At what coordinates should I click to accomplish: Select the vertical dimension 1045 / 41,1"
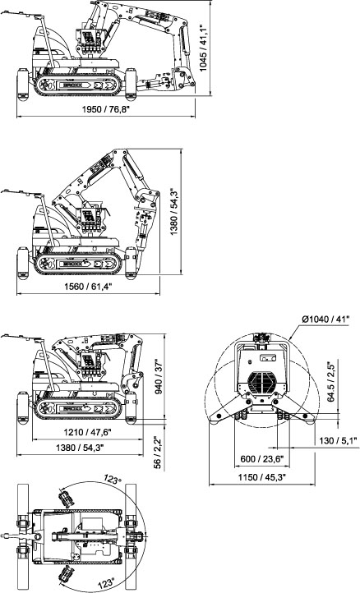click(x=203, y=46)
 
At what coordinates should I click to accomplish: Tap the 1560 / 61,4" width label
click(x=89, y=287)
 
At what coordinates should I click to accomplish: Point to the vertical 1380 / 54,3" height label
click(x=173, y=212)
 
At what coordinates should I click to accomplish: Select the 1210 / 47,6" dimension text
click(x=87, y=432)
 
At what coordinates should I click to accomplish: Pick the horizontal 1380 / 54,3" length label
click(x=80, y=448)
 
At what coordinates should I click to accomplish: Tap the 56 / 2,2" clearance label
click(x=158, y=453)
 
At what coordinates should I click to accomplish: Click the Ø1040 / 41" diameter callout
click(x=325, y=319)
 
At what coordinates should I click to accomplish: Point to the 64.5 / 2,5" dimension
click(x=331, y=380)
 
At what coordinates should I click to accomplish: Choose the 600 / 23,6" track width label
click(x=262, y=459)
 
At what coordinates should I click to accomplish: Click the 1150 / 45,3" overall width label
click(x=262, y=477)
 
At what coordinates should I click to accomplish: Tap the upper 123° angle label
click(x=113, y=479)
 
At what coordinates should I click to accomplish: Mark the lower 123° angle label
click(x=105, y=583)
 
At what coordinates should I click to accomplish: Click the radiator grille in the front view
click(x=262, y=382)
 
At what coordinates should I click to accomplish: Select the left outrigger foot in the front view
click(x=216, y=418)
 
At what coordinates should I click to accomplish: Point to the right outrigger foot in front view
click(x=309, y=418)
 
